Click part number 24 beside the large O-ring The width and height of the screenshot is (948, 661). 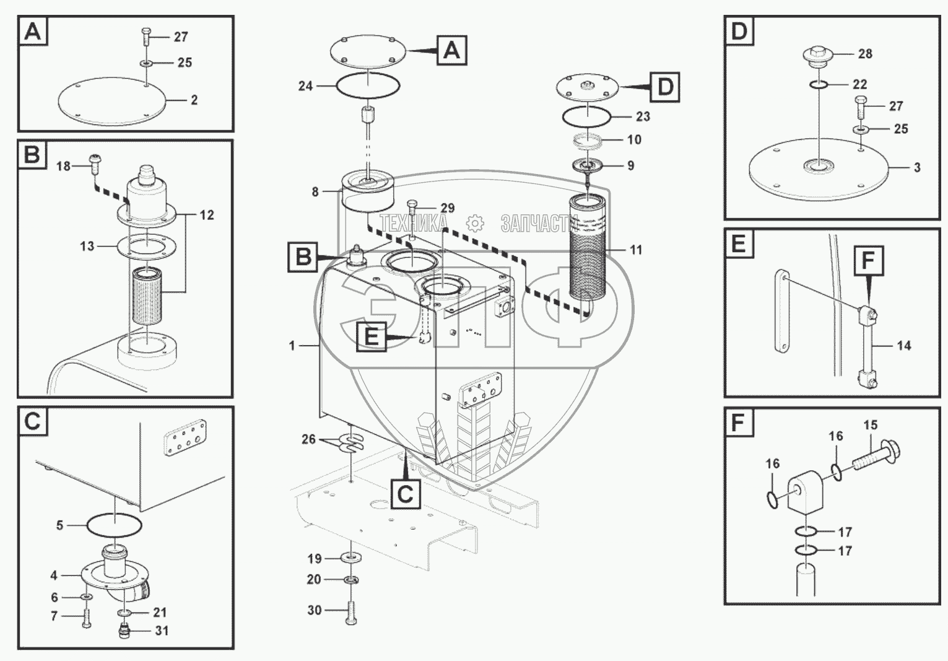pyautogui.click(x=305, y=86)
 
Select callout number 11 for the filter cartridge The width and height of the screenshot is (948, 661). pyautogui.click(x=636, y=250)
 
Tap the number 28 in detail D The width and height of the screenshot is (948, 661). pyautogui.click(x=865, y=54)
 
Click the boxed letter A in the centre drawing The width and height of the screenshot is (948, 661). pyautogui.click(x=451, y=50)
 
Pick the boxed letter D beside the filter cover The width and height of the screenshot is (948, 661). pyautogui.click(x=664, y=87)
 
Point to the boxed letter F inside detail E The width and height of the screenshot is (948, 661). pyautogui.click(x=868, y=261)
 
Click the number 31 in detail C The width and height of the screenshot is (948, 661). pyautogui.click(x=162, y=631)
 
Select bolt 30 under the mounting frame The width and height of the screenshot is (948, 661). pyautogui.click(x=350, y=613)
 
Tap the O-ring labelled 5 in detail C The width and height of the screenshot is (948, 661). pyautogui.click(x=114, y=525)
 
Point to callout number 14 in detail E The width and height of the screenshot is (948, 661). pyautogui.click(x=903, y=346)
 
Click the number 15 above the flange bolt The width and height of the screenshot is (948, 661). pyautogui.click(x=870, y=426)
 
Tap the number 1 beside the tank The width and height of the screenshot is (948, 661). pyautogui.click(x=292, y=346)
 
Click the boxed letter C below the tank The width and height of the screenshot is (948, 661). pyautogui.click(x=404, y=494)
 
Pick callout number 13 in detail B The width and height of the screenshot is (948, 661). pyautogui.click(x=87, y=246)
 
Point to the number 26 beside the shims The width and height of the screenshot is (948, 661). pyautogui.click(x=308, y=439)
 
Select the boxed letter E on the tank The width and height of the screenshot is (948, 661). pyautogui.click(x=371, y=337)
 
